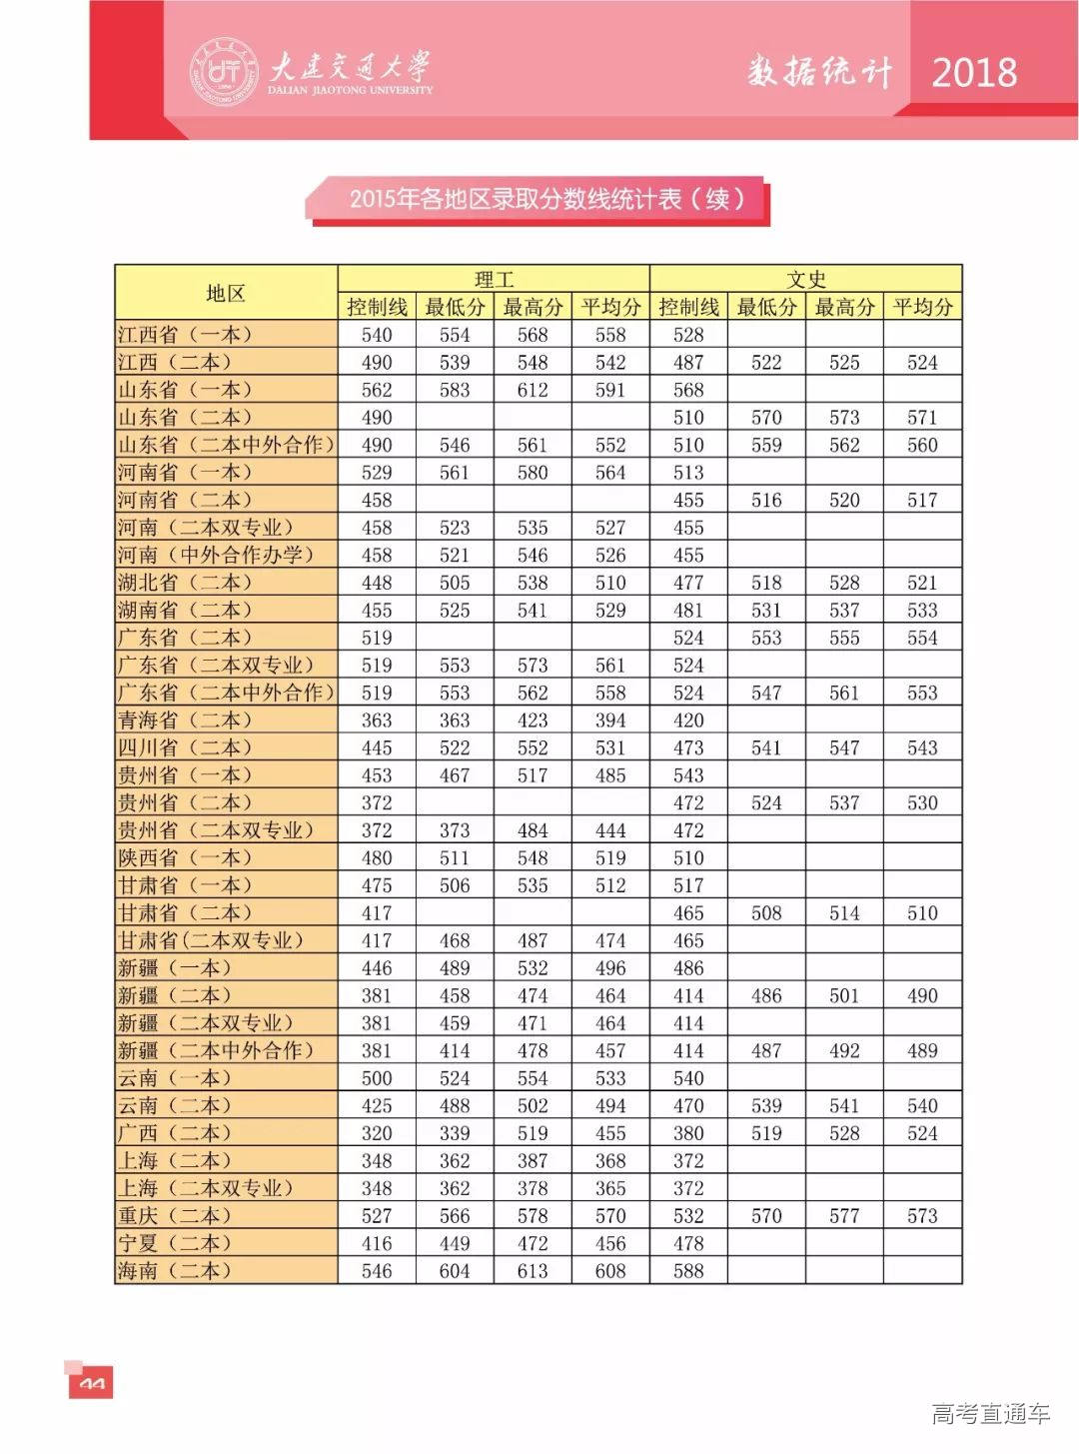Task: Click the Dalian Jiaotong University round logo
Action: click(x=224, y=71)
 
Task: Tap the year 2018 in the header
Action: click(x=973, y=72)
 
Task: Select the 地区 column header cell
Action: click(x=226, y=293)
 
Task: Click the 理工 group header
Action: click(x=494, y=279)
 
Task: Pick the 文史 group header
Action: click(x=805, y=279)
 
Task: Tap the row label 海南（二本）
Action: click(x=175, y=1271)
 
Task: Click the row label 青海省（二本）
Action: click(x=185, y=721)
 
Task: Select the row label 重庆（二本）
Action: click(x=175, y=1216)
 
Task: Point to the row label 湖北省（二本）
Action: click(x=185, y=583)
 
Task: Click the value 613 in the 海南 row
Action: click(x=533, y=1271)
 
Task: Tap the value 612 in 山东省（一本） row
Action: click(x=533, y=390)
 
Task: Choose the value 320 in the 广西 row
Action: click(x=377, y=1133)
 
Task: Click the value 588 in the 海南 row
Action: click(x=688, y=1271)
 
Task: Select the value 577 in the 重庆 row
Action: click(x=844, y=1216)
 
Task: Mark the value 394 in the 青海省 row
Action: click(x=610, y=721)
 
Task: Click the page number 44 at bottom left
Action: click(x=91, y=1384)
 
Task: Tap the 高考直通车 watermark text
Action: click(x=990, y=1413)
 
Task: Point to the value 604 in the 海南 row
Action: click(x=455, y=1271)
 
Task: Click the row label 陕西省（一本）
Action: click(x=185, y=858)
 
